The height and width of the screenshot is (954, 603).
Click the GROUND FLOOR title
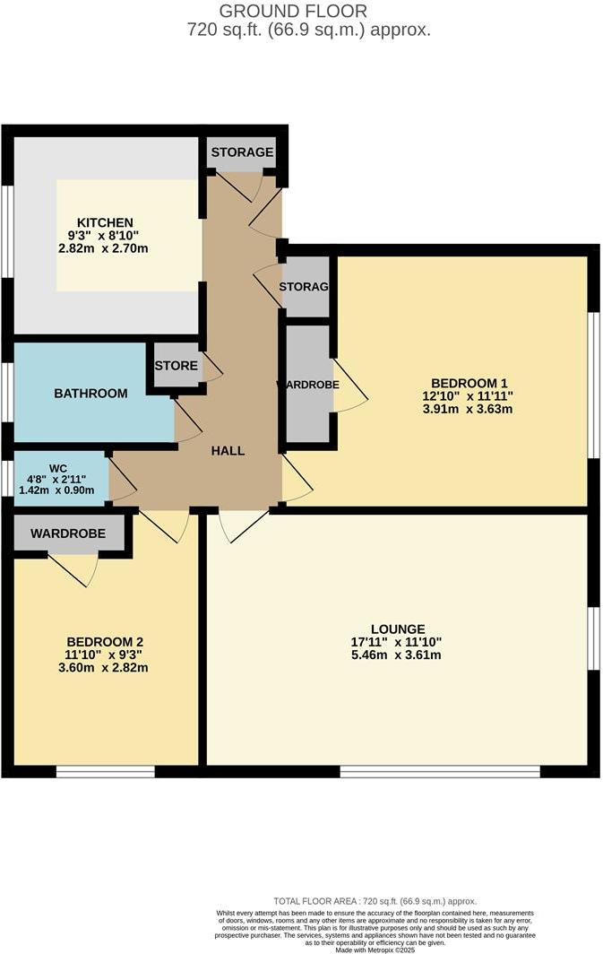click(293, 12)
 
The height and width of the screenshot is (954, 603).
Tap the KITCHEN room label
click(105, 222)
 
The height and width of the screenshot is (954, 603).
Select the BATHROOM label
click(90, 393)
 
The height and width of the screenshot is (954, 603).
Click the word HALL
click(228, 451)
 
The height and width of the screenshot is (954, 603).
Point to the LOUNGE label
click(400, 629)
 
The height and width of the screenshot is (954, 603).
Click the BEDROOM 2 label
click(105, 641)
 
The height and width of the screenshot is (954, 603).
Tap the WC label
click(58, 468)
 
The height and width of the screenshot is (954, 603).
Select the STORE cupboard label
click(176, 366)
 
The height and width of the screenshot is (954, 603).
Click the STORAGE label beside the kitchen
click(242, 152)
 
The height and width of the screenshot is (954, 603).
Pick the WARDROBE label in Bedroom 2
click(68, 533)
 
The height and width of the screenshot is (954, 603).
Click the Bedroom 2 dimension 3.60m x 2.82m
click(105, 668)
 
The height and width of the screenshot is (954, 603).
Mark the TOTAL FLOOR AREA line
click(375, 900)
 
